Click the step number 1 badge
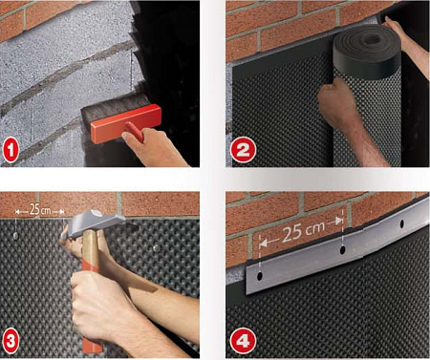(x=11, y=151)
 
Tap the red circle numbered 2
(x=243, y=150)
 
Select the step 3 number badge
(x=11, y=341)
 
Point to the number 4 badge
(x=243, y=342)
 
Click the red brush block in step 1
(x=126, y=123)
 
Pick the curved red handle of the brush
(x=135, y=132)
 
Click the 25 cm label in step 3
(x=39, y=210)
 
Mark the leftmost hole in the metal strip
(x=260, y=276)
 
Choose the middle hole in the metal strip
(x=343, y=250)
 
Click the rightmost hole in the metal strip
(x=402, y=223)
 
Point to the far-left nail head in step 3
(x=15, y=236)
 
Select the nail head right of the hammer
(x=157, y=248)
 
